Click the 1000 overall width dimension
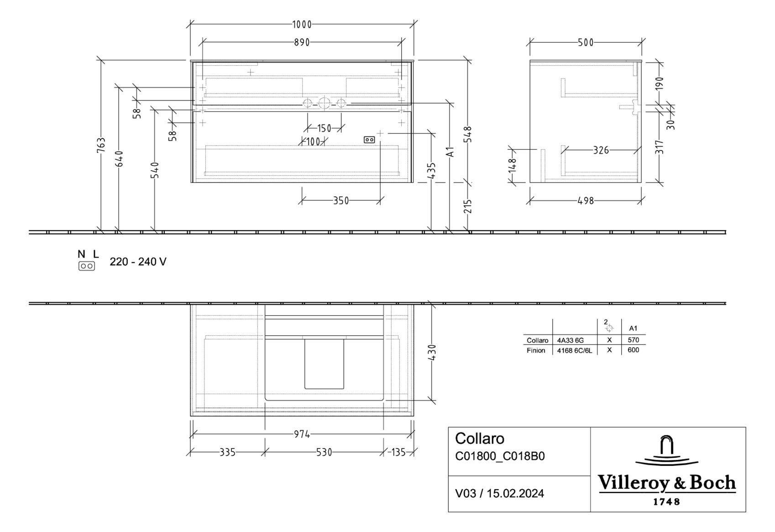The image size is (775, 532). click(302, 25)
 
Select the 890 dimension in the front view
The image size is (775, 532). click(302, 42)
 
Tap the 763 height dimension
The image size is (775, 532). click(101, 145)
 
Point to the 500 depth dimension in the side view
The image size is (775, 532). click(586, 42)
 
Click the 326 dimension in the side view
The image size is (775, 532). click(601, 150)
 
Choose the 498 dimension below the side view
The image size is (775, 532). click(586, 201)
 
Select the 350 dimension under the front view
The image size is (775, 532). click(340, 201)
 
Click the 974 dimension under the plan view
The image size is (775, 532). click(302, 434)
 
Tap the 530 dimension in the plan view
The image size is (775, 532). click(324, 453)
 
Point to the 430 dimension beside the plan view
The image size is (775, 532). click(432, 352)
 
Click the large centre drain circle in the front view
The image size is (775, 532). click(324, 103)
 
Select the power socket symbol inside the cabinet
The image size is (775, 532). click(369, 140)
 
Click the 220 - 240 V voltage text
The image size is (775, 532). click(138, 262)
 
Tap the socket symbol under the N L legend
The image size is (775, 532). click(87, 266)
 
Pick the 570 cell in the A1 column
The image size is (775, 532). click(633, 340)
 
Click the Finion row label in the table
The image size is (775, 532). click(536, 350)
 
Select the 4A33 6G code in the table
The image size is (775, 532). click(571, 340)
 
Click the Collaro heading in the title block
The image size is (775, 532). click(480, 439)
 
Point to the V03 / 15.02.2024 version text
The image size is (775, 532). click(500, 494)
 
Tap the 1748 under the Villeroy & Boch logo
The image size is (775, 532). click(667, 502)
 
